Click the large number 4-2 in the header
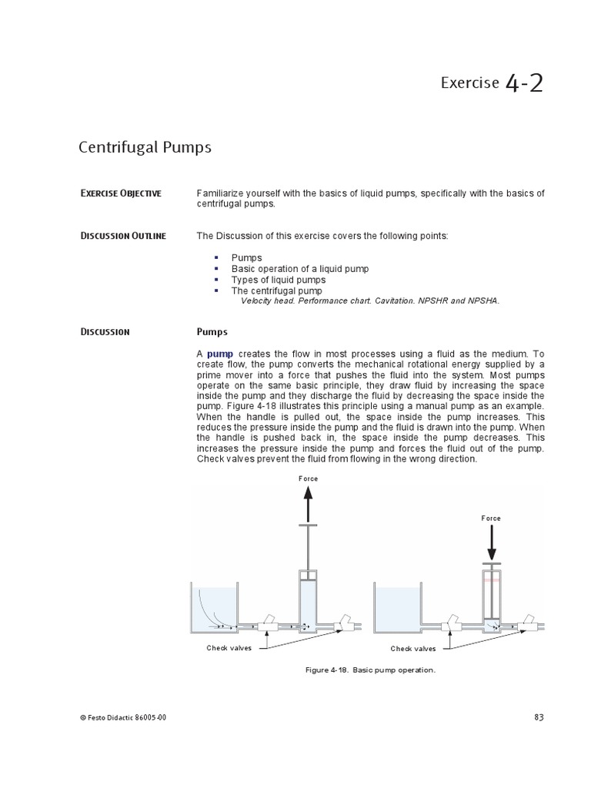click(x=525, y=82)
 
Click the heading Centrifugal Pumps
click(x=145, y=146)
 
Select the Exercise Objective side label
click(x=121, y=193)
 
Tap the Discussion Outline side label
click(x=123, y=236)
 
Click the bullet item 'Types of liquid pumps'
click(x=278, y=280)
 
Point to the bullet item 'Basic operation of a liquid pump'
click(x=299, y=269)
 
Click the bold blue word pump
click(x=220, y=353)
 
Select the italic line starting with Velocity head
click(x=369, y=301)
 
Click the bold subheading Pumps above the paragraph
click(x=212, y=332)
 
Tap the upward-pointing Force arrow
click(x=308, y=505)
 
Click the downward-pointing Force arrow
click(x=491, y=542)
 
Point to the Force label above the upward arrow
click(x=308, y=478)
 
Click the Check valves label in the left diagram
click(x=229, y=648)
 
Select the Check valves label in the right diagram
click(x=412, y=649)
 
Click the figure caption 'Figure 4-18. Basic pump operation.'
click(x=370, y=670)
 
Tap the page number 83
click(x=538, y=718)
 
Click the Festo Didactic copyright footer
click(x=122, y=718)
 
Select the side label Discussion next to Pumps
click(x=105, y=332)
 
